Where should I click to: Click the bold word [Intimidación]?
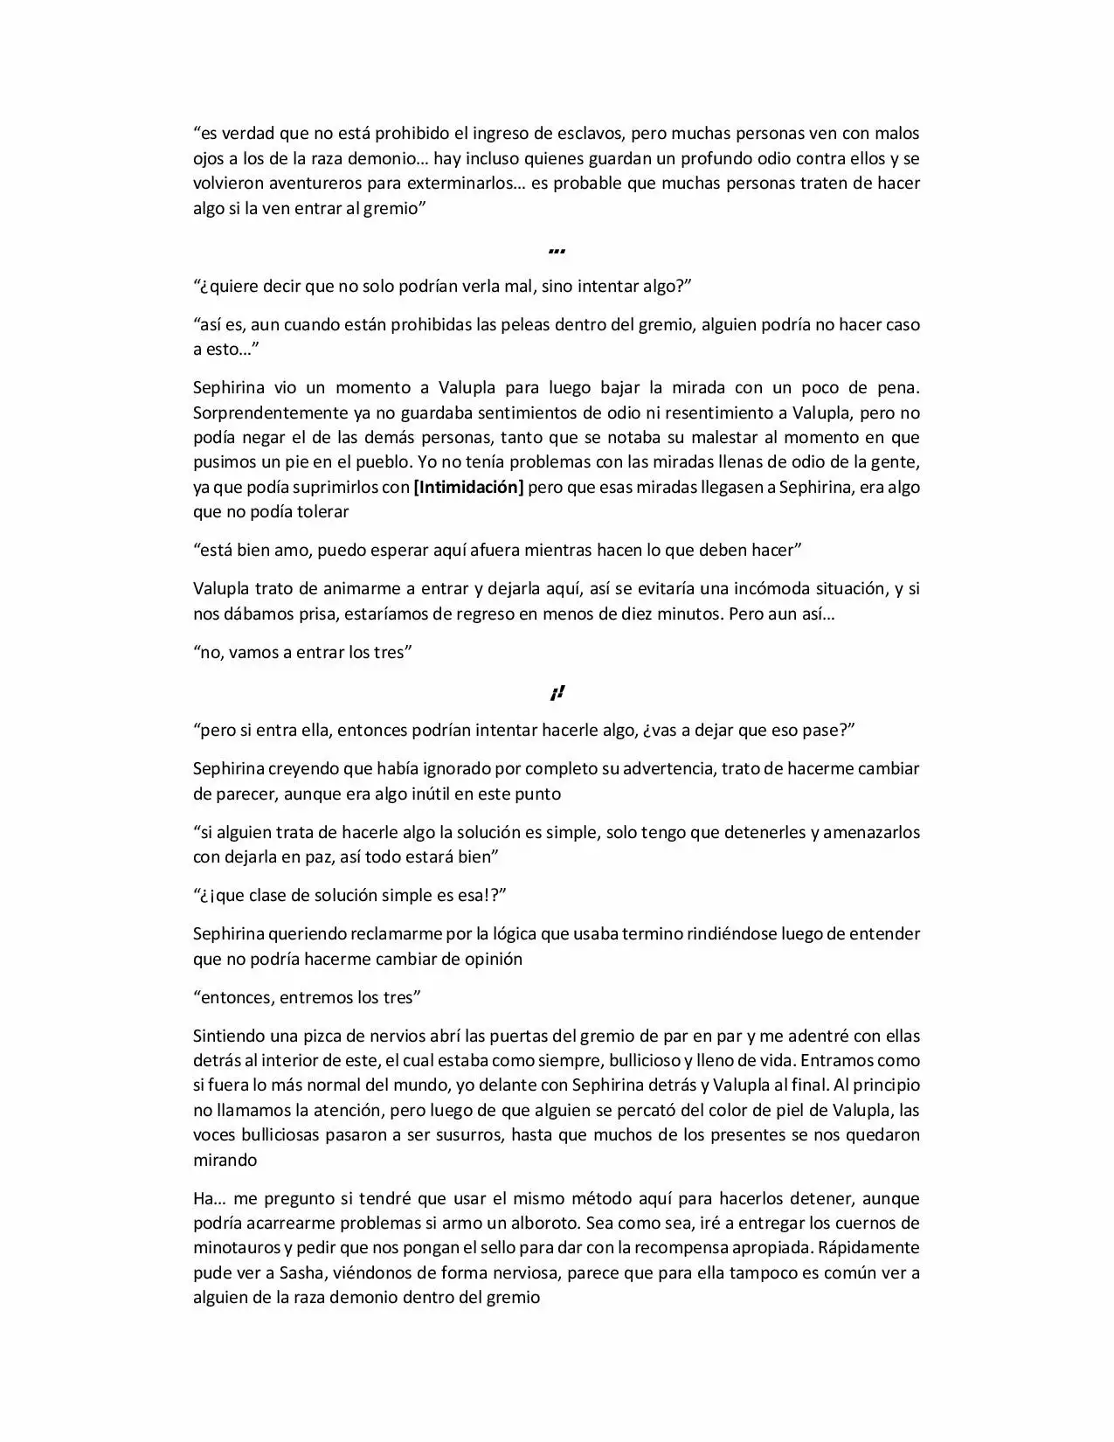coord(468,487)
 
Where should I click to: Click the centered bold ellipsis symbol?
coord(557,250)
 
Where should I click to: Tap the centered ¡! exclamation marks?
coord(557,693)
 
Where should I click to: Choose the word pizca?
coord(331,1036)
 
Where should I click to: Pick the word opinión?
coord(494,959)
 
